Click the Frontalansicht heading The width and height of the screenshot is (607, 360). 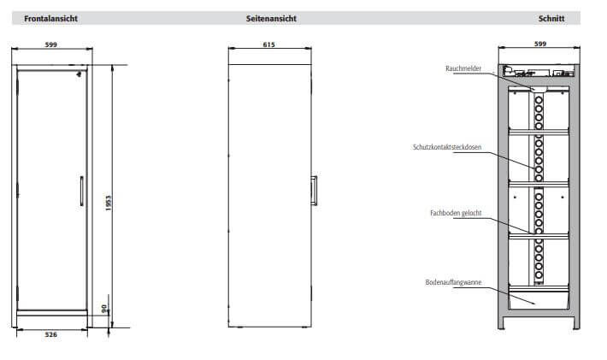[50, 19]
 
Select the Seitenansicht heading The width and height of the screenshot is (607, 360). [271, 19]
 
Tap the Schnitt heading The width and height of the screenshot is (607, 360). [551, 19]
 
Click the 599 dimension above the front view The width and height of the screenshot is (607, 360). [51, 44]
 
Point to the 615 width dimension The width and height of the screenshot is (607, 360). [268, 44]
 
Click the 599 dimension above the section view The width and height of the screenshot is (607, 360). [540, 44]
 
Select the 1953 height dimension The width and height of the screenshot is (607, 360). [108, 204]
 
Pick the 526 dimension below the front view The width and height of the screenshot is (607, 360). [51, 334]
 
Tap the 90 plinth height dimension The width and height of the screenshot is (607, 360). [103, 309]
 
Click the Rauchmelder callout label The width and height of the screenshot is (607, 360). [463, 68]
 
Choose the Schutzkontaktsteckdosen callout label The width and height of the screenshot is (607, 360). [447, 147]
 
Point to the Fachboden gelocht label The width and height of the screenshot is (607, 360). [456, 213]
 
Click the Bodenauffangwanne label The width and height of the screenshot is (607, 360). [453, 282]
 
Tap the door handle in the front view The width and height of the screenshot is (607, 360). [82, 191]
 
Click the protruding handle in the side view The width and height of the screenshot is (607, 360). [314, 191]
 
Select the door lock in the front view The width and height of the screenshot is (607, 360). [79, 74]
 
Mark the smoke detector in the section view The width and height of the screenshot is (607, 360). [539, 90]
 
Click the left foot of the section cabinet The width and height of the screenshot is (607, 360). [501, 323]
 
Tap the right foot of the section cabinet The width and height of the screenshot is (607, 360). [576, 323]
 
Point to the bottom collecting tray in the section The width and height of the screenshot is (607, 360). [539, 299]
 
